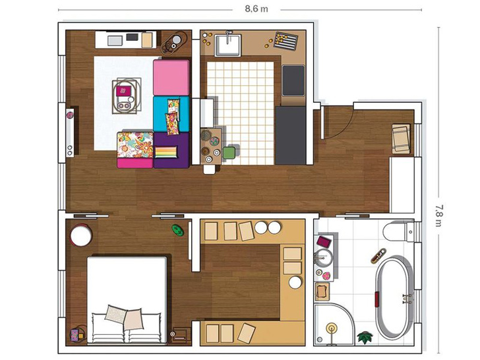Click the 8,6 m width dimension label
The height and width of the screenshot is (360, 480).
point(256,9)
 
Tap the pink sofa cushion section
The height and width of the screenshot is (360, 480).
point(171,77)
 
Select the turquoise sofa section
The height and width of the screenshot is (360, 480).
point(171,114)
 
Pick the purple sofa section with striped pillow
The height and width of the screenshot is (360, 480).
point(171,150)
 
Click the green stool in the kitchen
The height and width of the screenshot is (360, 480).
point(229,153)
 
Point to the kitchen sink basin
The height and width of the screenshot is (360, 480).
point(227,45)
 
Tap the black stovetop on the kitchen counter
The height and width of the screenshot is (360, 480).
point(293,80)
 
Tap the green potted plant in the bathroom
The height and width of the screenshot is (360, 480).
point(365,336)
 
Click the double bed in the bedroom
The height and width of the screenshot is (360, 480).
point(127,299)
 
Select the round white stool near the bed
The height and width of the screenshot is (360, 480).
point(81,235)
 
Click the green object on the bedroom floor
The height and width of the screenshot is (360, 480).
point(177,230)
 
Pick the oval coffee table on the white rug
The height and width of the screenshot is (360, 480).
point(127,96)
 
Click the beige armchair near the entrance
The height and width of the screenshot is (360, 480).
point(402,138)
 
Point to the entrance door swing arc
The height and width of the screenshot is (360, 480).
point(345,128)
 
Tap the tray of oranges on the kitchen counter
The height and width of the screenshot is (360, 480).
point(285,40)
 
